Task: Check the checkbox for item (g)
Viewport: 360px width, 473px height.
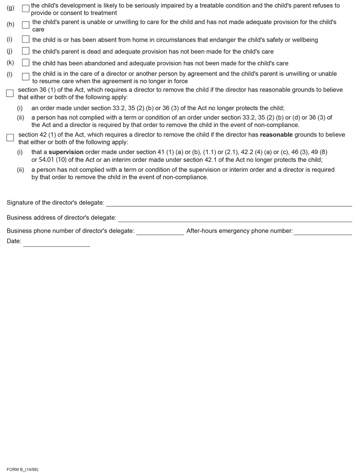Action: (x=26, y=9)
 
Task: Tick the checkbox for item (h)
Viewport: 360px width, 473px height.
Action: (x=26, y=26)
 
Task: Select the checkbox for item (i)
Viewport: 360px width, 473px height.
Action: (x=26, y=40)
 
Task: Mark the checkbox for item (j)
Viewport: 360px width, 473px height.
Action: (x=26, y=51)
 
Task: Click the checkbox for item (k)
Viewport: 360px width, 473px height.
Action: (x=26, y=63)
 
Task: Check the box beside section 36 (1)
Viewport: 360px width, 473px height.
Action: (x=10, y=94)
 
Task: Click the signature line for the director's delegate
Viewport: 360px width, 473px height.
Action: (x=229, y=203)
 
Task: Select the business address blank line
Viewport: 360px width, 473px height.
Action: (x=234, y=219)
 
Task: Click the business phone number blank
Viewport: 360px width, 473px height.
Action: (x=160, y=232)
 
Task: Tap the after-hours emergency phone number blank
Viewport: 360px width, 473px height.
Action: (x=323, y=232)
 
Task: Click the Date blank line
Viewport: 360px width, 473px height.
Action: (x=56, y=243)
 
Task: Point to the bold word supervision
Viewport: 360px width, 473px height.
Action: (x=66, y=152)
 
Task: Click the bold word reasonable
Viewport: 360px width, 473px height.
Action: (x=276, y=135)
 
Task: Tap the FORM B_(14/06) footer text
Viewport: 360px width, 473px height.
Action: (x=22, y=469)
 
